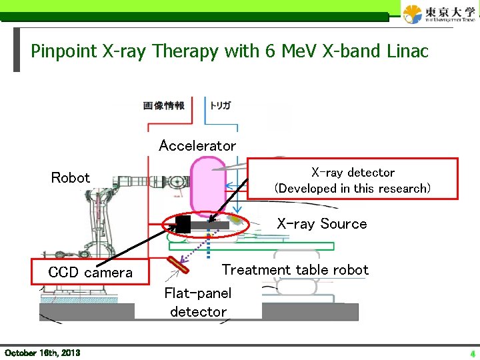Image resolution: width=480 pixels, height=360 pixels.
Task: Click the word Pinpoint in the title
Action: [63, 51]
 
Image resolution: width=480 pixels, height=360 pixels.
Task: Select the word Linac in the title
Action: [405, 51]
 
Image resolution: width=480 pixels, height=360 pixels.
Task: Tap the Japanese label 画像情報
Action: [164, 105]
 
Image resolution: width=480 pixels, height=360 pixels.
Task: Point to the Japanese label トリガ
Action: [221, 105]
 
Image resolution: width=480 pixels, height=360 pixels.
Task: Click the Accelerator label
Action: [197, 145]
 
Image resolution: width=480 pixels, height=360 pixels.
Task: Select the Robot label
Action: [71, 178]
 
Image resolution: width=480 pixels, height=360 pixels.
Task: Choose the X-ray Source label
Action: [322, 224]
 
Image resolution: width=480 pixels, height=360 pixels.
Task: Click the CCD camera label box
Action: [91, 272]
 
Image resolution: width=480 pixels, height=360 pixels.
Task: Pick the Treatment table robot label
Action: [295, 269]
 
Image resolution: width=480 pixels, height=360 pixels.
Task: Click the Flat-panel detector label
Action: [198, 302]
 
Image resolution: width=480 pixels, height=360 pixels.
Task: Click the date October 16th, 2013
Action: [42, 352]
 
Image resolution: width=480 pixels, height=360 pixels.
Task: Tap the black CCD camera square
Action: [183, 225]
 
